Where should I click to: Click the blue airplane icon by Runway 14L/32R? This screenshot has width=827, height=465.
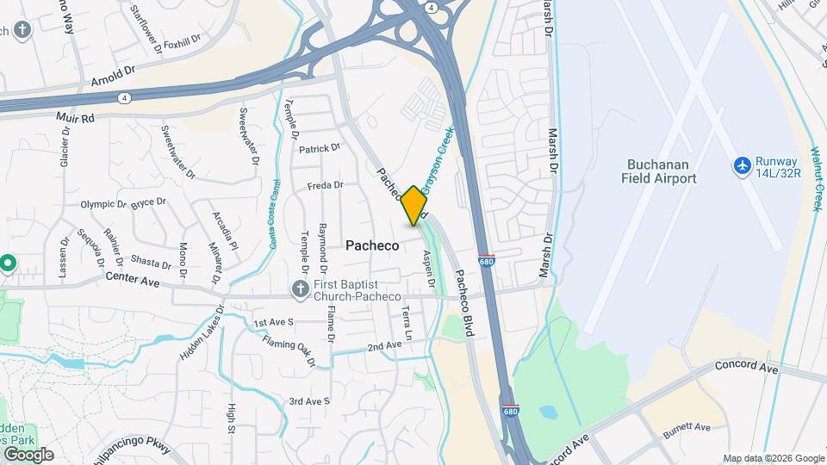point(742,164)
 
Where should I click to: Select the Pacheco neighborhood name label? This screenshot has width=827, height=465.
point(372,245)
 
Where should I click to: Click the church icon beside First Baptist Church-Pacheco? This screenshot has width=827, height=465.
point(300,288)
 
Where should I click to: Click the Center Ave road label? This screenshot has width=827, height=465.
point(134,277)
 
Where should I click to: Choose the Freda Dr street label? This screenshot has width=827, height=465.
point(326,185)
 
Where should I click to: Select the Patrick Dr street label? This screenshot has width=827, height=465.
point(320,149)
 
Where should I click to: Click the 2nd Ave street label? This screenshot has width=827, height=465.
point(384,346)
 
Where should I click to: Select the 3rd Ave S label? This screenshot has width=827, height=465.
point(309,401)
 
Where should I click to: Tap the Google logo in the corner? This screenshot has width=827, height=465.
point(28,455)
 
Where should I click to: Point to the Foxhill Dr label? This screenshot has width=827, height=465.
point(181,40)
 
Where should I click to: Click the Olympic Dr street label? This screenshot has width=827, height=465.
point(103,205)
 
